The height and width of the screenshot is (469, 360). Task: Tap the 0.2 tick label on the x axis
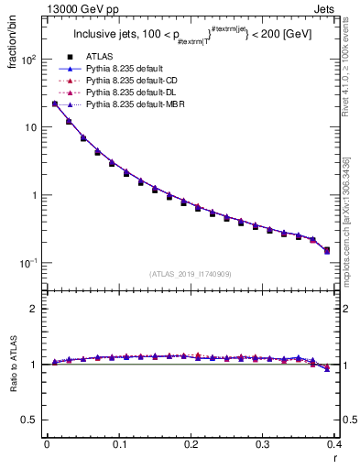[191, 445]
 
